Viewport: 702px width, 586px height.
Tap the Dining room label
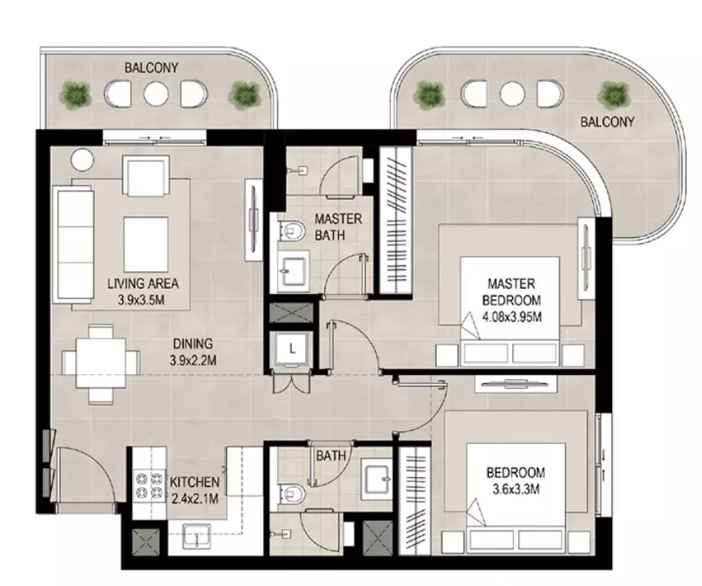click(x=193, y=344)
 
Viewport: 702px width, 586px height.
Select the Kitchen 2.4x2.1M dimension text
click(x=195, y=498)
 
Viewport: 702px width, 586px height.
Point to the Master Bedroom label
click(x=512, y=292)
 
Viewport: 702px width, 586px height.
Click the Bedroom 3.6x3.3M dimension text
click(x=516, y=489)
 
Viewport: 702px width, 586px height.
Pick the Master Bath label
click(x=338, y=227)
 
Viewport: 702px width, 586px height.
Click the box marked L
click(x=292, y=348)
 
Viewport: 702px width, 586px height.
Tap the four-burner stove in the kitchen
click(x=148, y=485)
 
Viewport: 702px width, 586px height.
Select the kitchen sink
click(x=196, y=536)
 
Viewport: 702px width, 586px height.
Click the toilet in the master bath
click(x=291, y=231)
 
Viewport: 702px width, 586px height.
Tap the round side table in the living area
click(x=83, y=160)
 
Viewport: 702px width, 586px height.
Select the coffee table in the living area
click(x=146, y=245)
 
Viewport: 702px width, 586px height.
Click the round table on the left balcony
click(x=156, y=93)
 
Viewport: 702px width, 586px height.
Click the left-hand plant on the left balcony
click(x=75, y=95)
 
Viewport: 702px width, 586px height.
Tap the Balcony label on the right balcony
click(x=607, y=122)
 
